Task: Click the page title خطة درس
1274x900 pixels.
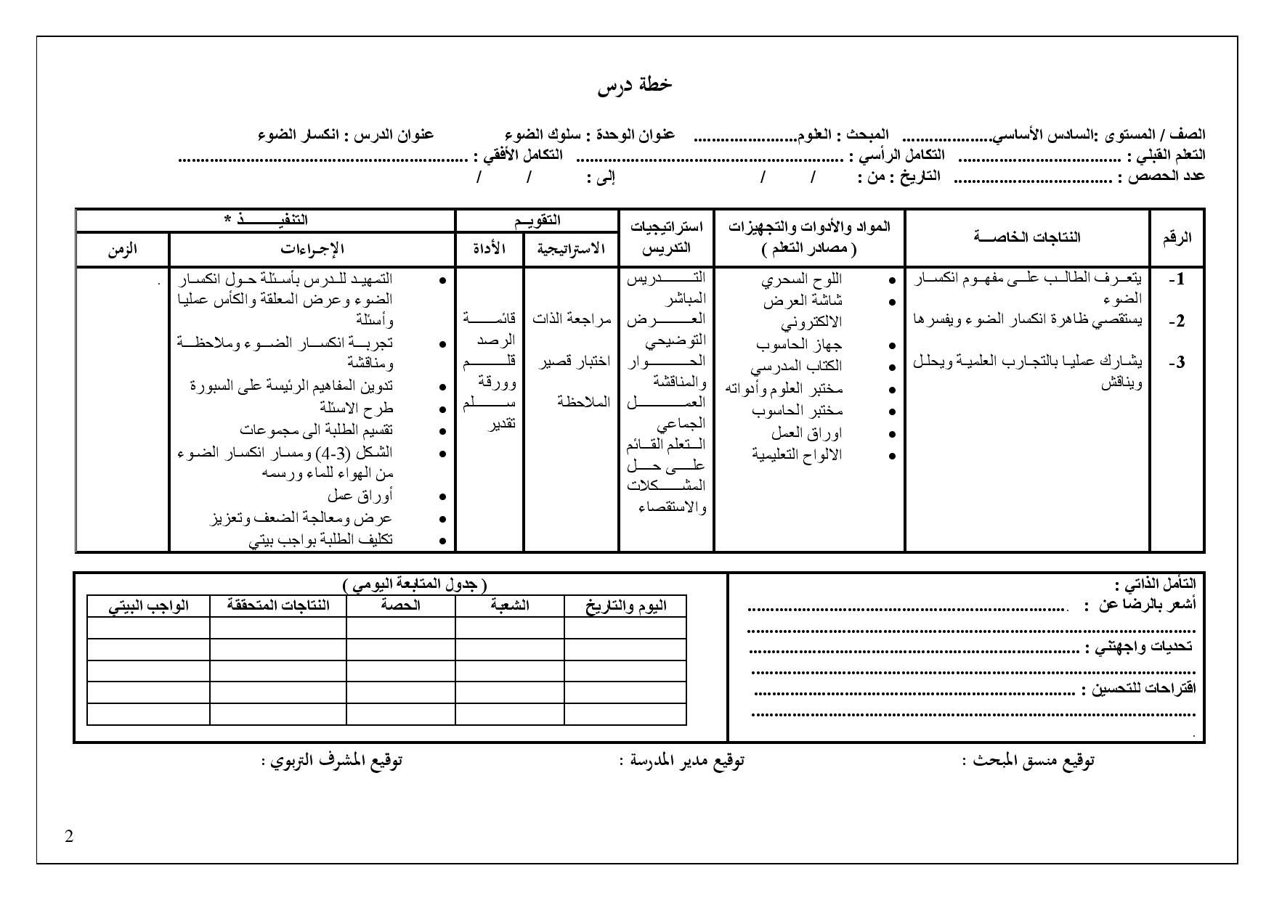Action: pos(635,85)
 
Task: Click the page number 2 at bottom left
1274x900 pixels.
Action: pos(69,836)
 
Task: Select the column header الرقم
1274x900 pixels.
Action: pos(1177,237)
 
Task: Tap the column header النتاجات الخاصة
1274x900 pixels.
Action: pos(1027,237)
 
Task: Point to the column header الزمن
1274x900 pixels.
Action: pos(122,249)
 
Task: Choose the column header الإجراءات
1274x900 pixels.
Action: pos(312,249)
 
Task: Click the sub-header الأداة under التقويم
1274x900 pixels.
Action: pos(490,249)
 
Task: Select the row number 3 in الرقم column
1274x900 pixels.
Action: pos(1177,361)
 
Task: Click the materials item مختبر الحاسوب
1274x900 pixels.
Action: pos(797,411)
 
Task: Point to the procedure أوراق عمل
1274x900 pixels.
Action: pos(360,496)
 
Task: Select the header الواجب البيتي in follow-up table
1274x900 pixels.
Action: pos(148,606)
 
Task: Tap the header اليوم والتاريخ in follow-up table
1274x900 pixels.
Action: pos(625,606)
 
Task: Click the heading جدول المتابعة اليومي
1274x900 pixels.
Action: pos(414,584)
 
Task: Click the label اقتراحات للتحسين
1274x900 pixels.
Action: pos(1143,689)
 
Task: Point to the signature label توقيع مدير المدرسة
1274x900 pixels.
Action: pos(686,761)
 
